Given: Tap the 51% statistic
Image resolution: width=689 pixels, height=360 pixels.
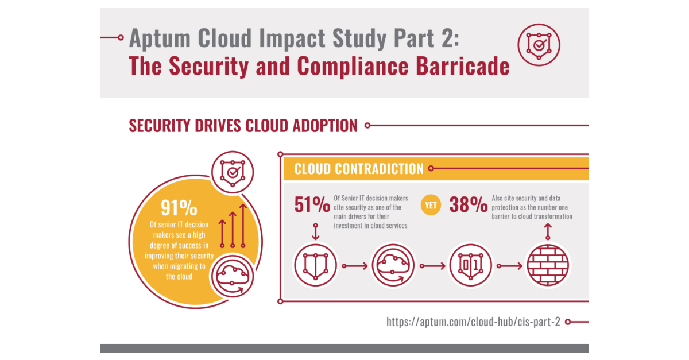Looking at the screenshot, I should (x=312, y=205).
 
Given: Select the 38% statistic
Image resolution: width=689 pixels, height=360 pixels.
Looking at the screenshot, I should (x=469, y=205).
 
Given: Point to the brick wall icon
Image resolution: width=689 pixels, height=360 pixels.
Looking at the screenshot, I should (x=548, y=265).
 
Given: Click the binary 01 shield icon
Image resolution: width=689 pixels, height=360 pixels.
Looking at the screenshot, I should (x=470, y=265).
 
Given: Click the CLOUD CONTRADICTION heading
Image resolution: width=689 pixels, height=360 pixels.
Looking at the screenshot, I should (x=359, y=169).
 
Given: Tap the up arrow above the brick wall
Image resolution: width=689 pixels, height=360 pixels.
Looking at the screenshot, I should (x=548, y=231).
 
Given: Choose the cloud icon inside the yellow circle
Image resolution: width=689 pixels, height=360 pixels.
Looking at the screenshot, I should (x=233, y=275).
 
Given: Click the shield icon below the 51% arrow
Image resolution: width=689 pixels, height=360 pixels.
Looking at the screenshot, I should (x=315, y=265).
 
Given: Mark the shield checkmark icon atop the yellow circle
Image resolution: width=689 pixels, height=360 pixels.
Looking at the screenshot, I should (x=233, y=172).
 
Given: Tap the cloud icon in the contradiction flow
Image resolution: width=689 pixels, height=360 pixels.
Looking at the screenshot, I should (x=393, y=265).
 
